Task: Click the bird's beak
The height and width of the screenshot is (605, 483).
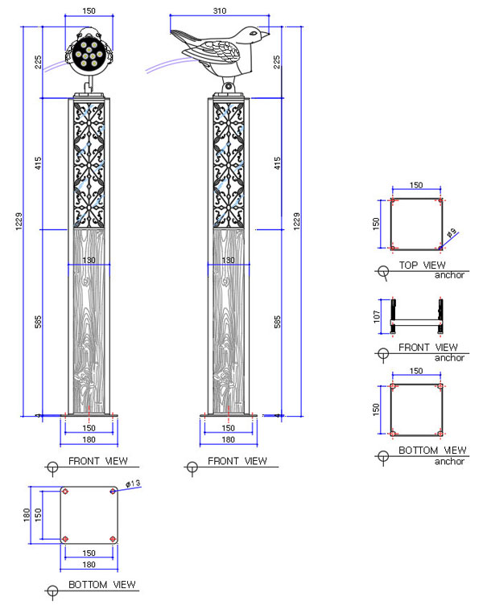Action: pyautogui.click(x=267, y=35)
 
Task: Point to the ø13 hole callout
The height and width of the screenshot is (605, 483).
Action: pyautogui.click(x=132, y=483)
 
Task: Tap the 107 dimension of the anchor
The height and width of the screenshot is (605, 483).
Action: pyautogui.click(x=378, y=317)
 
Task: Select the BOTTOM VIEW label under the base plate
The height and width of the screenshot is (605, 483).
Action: pyautogui.click(x=101, y=584)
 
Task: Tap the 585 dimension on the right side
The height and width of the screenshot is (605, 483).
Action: pyautogui.click(x=278, y=322)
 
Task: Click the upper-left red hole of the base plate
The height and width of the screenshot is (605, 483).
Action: pyautogui.click(x=64, y=492)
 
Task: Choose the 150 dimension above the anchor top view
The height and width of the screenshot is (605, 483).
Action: pyautogui.click(x=415, y=184)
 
